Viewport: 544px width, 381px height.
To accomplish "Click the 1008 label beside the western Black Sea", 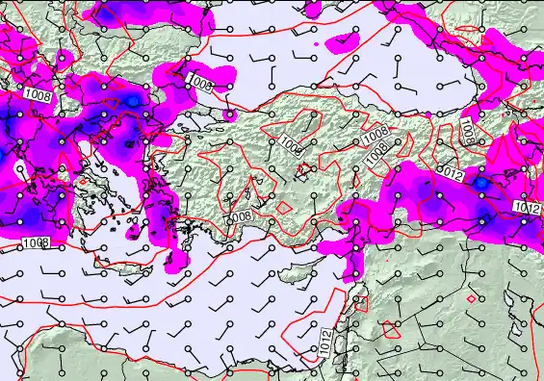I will (x=201, y=84).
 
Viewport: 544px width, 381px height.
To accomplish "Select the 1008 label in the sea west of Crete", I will (x=37, y=243).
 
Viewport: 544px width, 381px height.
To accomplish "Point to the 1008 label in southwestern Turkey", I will (x=240, y=216).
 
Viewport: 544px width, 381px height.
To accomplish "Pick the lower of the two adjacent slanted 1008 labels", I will (x=378, y=151).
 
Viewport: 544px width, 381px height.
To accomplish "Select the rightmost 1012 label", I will (x=526, y=208).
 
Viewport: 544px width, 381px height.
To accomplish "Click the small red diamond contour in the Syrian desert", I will (x=470, y=298).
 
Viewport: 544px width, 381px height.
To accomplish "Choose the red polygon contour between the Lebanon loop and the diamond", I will (x=391, y=328).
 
